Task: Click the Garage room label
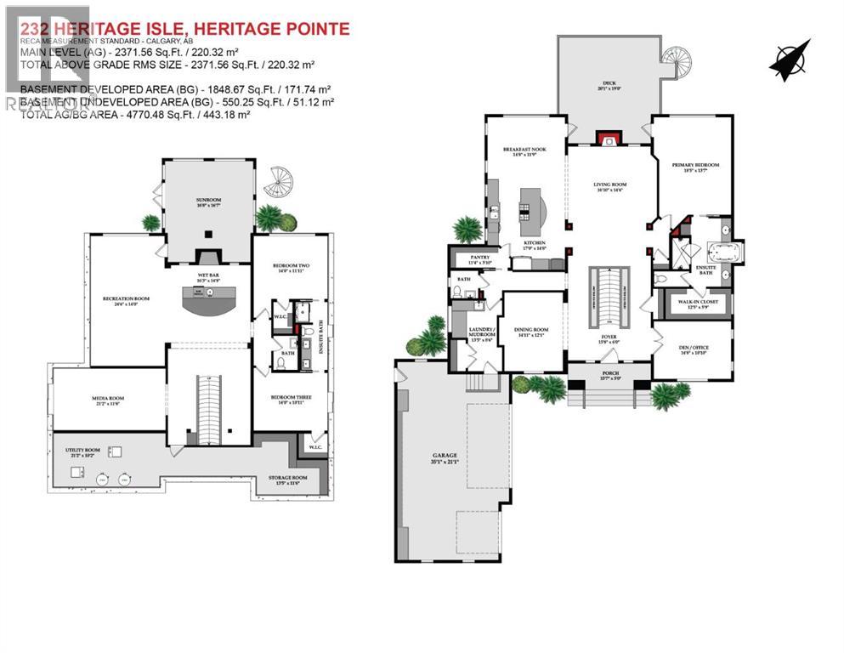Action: [445, 459]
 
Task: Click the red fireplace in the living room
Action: [607, 139]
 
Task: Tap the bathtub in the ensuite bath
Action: [724, 253]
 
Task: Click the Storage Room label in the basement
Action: [286, 480]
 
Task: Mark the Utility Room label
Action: [83, 452]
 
